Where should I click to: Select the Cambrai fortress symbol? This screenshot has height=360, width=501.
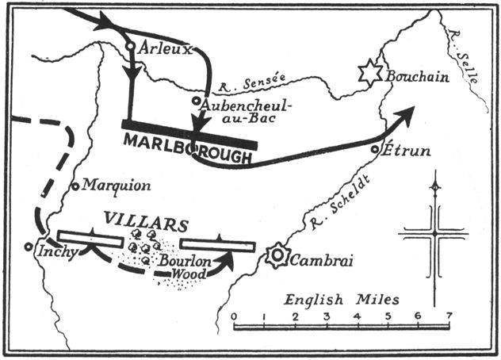pyautogui.click(x=278, y=256)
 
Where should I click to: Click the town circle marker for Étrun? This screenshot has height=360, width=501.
pyautogui.click(x=376, y=149)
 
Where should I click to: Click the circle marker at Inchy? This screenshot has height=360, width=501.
pyautogui.click(x=29, y=245)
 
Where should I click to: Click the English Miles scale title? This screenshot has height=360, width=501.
pyautogui.click(x=342, y=300)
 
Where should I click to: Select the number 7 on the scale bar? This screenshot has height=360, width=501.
pyautogui.click(x=449, y=317)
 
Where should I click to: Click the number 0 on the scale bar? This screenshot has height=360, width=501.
pyautogui.click(x=234, y=317)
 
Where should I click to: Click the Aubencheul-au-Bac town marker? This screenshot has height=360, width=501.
pyautogui.click(x=196, y=101)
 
